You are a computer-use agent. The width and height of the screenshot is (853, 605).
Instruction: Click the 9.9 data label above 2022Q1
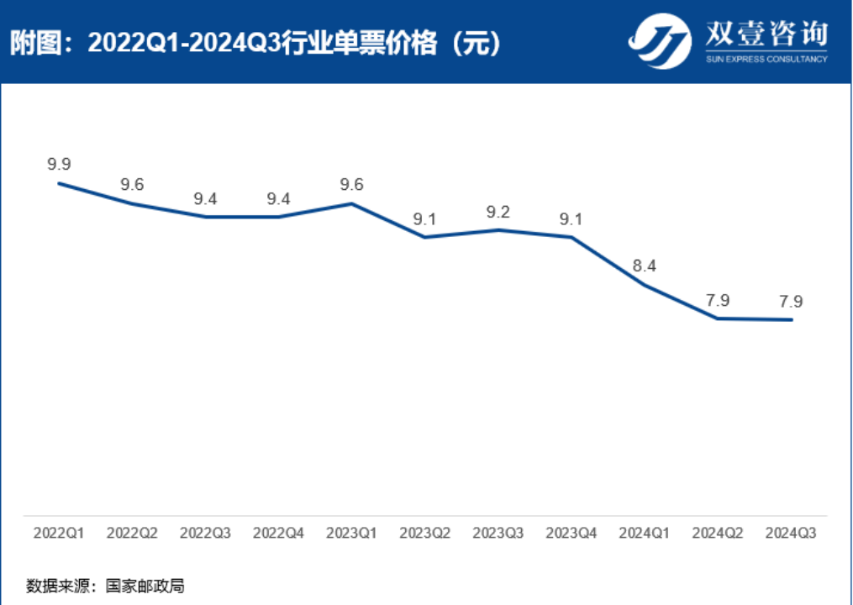pos(59,164)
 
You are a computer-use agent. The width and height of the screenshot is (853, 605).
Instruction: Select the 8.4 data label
pos(645,266)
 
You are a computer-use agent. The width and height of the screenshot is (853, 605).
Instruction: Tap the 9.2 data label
pos(498,212)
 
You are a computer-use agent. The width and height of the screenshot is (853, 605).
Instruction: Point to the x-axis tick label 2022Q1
pos(59,533)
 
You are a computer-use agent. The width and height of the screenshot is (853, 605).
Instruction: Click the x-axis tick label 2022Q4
pos(279,533)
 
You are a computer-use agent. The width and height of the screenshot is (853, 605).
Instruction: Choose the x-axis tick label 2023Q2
pos(425,533)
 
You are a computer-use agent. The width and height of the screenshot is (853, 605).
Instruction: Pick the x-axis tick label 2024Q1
pos(645,533)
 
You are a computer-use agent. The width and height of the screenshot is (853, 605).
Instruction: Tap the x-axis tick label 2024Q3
pos(791,533)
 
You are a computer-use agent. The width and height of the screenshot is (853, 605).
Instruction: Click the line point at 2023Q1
pos(352,203)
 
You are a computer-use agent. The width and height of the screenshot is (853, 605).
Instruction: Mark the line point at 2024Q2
pos(718,318)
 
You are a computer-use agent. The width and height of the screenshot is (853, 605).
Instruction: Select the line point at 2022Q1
pos(59,183)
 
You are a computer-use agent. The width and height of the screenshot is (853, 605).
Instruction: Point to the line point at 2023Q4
pos(571,237)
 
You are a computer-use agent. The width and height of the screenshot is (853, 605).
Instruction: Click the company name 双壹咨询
pos(764,34)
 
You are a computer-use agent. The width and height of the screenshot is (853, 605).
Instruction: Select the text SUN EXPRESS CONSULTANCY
pos(764,59)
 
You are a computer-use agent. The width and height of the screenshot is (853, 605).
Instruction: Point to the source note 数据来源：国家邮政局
pos(105,586)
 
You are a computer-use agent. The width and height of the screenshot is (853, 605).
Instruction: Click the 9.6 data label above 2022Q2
pos(132,185)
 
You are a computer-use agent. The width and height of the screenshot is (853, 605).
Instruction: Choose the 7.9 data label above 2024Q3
pos(791,301)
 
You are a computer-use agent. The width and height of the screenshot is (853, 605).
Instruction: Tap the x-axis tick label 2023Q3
pos(498,533)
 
